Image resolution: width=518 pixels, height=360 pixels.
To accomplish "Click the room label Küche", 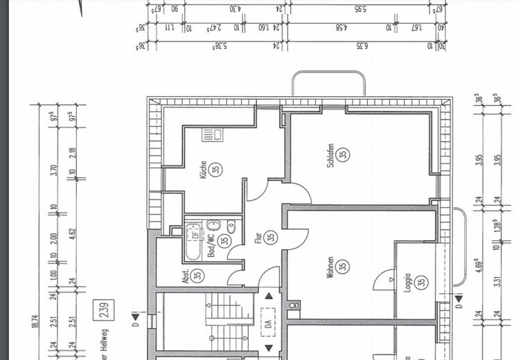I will pos(202,170).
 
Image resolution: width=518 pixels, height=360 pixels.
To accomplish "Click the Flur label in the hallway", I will pos(258,237).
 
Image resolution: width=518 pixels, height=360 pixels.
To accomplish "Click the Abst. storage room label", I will pos(185,276).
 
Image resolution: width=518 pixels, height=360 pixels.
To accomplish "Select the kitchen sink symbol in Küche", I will pos(211,134).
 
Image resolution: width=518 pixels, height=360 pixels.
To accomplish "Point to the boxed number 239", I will pos(105,309).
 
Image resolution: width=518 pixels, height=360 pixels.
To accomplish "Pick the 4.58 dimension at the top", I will pos(341,27).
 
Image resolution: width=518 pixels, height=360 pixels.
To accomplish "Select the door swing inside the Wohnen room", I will pos(380,280).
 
